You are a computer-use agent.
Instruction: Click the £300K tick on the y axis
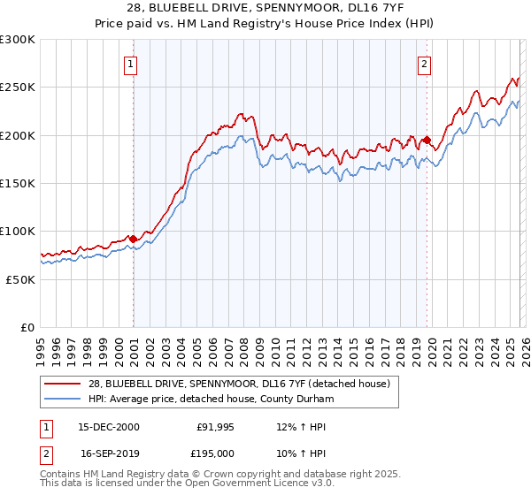[x=18, y=40]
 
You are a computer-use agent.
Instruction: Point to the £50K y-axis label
[x=20, y=279]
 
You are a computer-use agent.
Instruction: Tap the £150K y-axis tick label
[x=18, y=183]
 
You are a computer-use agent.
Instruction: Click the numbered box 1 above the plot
[x=130, y=63]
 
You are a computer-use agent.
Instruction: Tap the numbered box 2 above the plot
[x=425, y=63]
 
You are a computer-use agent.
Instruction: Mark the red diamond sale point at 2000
[x=133, y=238]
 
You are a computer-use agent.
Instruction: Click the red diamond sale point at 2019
[x=427, y=140]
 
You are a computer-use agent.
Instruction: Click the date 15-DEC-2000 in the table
[x=109, y=427]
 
